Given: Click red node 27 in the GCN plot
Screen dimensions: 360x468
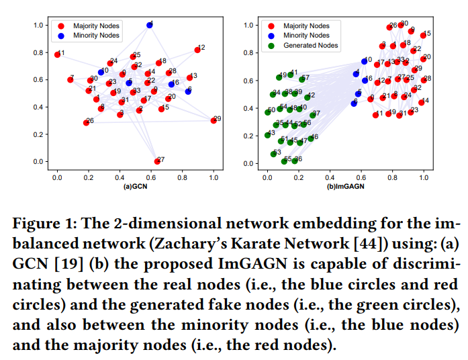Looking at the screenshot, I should click(x=157, y=161).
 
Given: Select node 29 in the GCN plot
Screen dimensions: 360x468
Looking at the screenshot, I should click(x=214, y=120).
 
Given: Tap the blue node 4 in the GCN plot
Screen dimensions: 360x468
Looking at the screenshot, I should click(x=150, y=25).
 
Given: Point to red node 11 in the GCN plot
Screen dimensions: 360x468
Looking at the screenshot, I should click(x=58, y=54).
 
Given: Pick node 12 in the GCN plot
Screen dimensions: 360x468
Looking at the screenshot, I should click(x=197, y=50).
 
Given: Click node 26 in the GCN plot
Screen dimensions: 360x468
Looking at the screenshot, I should click(x=86, y=122).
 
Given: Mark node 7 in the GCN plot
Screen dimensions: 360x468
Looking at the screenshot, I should click(x=70, y=80).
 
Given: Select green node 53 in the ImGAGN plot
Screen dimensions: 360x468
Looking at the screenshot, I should click(x=273, y=154).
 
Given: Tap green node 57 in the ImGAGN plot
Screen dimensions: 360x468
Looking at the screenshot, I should click(x=301, y=80).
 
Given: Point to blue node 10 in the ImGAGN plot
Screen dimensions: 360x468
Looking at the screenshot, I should click(x=364, y=61).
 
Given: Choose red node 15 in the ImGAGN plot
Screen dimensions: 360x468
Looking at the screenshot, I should click(x=423, y=34).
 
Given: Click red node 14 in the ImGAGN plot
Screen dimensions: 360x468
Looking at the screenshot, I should click(x=422, y=102).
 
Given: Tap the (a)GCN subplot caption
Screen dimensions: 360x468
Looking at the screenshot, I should click(x=136, y=186).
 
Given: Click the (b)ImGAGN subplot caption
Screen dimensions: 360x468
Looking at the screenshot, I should click(x=346, y=186).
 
